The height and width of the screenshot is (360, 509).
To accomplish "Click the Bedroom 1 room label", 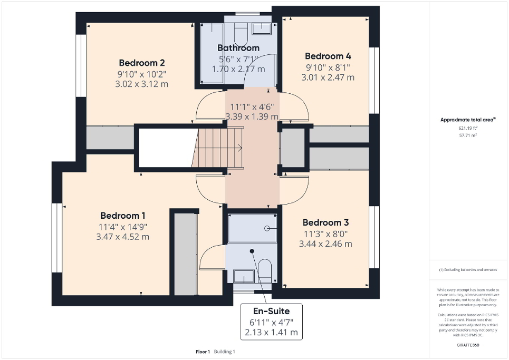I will tap(123, 216).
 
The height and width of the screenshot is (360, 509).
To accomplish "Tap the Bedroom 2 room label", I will tap(139, 63).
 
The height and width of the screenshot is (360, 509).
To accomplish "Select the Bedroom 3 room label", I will tap(325, 222).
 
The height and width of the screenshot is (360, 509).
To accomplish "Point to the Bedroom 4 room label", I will tap(328, 56).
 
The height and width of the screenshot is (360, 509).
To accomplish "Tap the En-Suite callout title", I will tap(271, 310).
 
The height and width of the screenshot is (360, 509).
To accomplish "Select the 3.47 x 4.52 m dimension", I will tap(123, 237).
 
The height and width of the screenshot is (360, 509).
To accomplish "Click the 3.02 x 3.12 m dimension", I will tap(139, 84).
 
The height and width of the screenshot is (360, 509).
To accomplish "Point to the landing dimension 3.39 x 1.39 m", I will tap(252, 116).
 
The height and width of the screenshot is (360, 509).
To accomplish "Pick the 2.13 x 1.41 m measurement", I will tap(271, 332).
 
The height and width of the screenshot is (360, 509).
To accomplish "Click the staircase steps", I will tap(217, 148).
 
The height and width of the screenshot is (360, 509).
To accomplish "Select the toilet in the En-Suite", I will tap(265, 270).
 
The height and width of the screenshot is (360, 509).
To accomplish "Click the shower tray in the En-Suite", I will tap(252, 228).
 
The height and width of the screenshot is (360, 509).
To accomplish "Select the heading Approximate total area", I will tap(468, 120).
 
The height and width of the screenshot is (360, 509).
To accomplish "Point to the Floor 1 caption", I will tap(203, 352).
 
